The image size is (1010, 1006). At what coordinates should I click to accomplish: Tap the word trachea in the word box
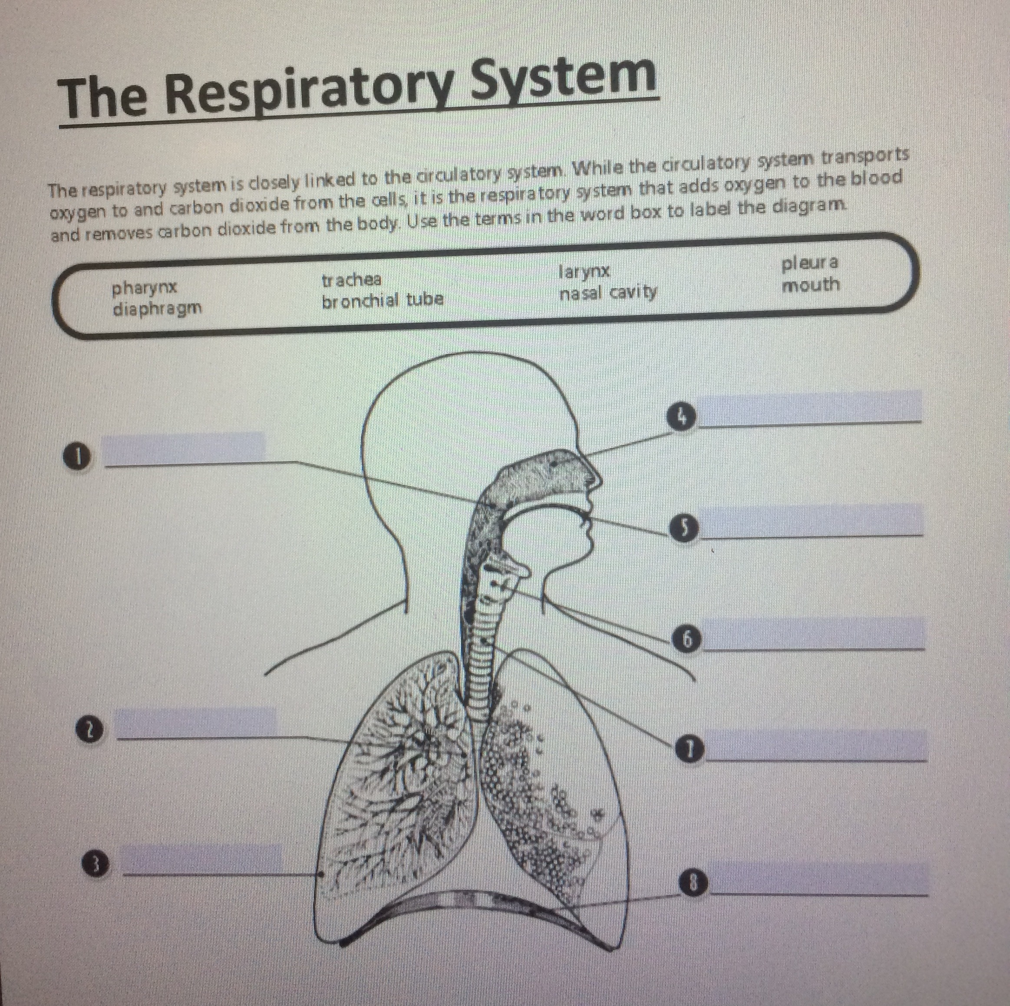(x=351, y=280)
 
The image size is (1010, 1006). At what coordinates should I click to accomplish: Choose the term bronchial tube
(x=382, y=300)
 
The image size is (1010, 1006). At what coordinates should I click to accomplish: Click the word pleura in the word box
(x=810, y=263)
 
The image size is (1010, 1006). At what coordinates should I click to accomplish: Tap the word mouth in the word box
(x=810, y=285)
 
